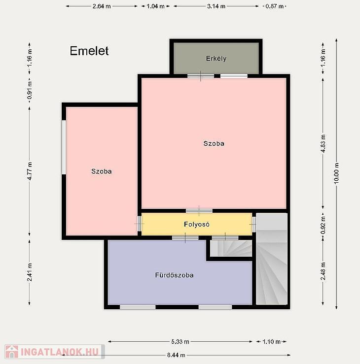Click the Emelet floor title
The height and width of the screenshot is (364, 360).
[89, 51]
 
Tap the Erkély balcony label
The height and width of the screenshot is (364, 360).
[216, 59]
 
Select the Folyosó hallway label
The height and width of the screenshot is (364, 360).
[197, 224]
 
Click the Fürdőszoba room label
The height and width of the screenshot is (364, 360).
[174, 275]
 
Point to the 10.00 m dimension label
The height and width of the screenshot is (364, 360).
[336, 173]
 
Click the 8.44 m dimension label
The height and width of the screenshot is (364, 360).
[176, 355]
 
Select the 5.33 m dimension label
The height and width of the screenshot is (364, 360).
[180, 341]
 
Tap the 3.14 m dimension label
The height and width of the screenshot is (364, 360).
[216, 6]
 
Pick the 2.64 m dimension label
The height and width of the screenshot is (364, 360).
[102, 6]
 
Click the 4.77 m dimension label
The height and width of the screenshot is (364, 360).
[30, 171]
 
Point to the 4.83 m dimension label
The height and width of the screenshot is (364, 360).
[323, 143]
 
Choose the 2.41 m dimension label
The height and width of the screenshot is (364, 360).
[30, 272]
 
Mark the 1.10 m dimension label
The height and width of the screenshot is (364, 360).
[271, 341]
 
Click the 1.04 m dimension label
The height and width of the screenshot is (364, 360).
[155, 6]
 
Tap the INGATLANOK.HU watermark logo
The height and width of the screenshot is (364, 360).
[55, 352]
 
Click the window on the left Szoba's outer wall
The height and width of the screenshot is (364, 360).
[64, 147]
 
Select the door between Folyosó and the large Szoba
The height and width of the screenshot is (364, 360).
[199, 211]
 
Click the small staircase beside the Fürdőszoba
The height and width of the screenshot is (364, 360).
[231, 248]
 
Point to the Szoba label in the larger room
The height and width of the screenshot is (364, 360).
[214, 143]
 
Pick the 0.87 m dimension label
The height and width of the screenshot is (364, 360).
[275, 6]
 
